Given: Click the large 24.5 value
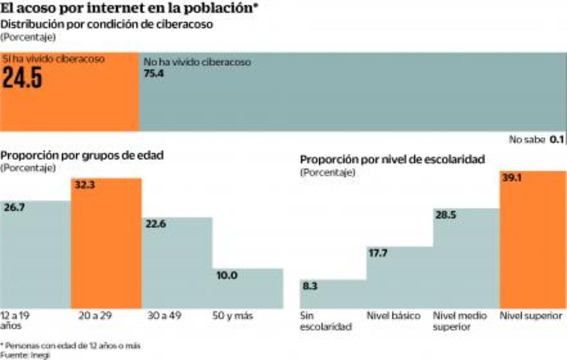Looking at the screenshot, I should tap(23, 78).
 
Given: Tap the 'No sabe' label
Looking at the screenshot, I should tap(527, 139).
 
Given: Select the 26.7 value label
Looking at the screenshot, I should tap(16, 208).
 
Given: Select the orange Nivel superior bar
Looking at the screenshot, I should tap(532, 244).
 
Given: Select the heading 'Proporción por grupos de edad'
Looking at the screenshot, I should tap(82, 156).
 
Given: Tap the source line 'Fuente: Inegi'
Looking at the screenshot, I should tap(25, 355).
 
